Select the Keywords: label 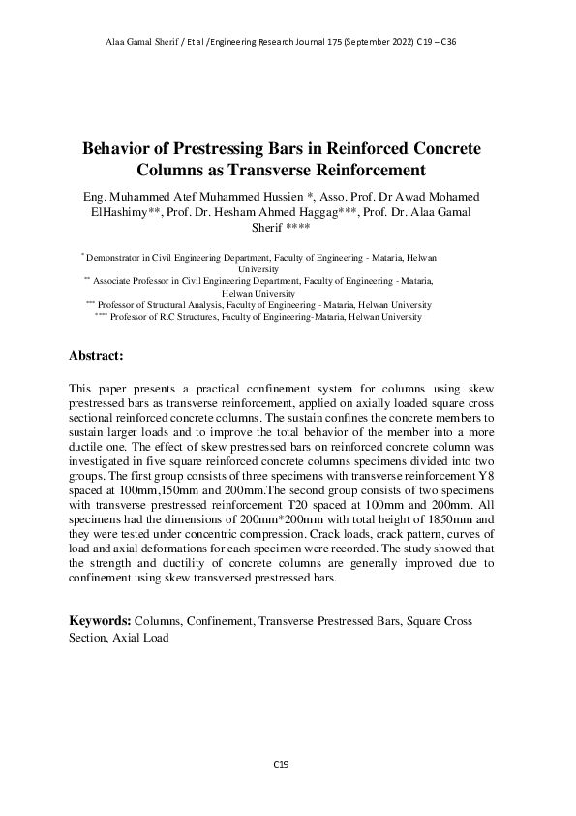coord(100,619)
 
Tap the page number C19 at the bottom coord(281,765)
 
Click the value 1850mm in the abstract coord(455,518)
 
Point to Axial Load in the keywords coord(140,638)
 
